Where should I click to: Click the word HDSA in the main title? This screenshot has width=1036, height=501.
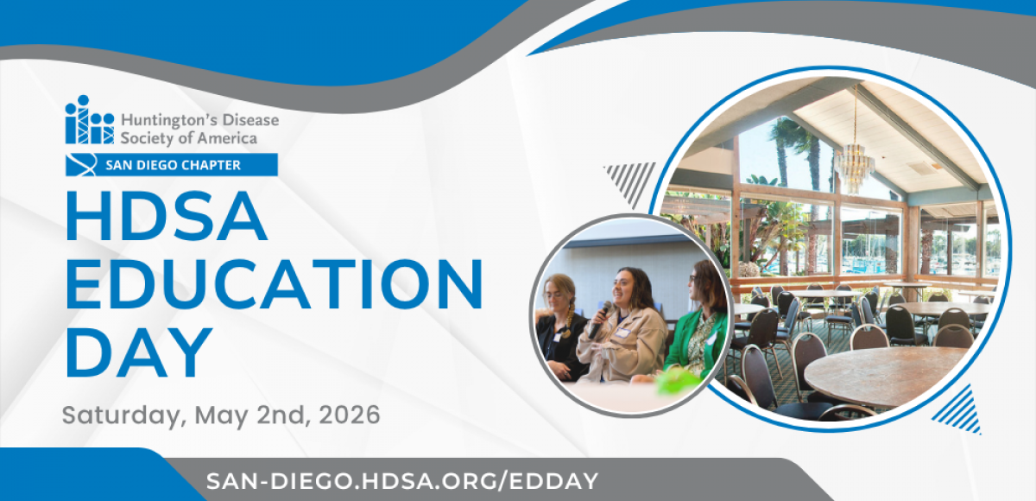pos(167,216)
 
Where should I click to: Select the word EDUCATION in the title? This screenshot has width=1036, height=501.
pos(275,283)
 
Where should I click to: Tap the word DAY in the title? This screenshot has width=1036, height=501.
pos(139,352)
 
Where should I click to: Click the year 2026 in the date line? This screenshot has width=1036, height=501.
pos(349,415)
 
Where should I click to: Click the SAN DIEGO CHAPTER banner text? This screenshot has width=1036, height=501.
pos(173,165)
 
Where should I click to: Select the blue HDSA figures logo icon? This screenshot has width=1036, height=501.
pos(89,120)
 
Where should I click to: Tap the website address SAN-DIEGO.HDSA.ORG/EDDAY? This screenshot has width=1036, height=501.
pos(402,480)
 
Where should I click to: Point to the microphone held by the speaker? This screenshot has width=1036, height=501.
pos(600,320)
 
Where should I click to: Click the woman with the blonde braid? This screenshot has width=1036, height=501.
pos(560,327)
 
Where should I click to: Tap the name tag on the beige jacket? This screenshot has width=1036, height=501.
pos(622,332)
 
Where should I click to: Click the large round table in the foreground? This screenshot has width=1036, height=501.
pos(886,376)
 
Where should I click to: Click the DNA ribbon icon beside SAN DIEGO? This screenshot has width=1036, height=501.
pos(81,165)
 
